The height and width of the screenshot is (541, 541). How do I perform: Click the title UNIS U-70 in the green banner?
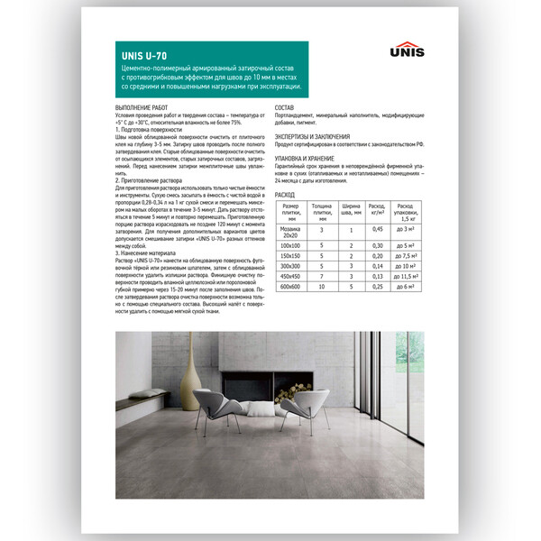(x=143, y=53)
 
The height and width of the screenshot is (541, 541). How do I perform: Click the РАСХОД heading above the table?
(x=285, y=194)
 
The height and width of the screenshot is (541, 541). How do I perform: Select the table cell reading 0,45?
(x=378, y=229)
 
